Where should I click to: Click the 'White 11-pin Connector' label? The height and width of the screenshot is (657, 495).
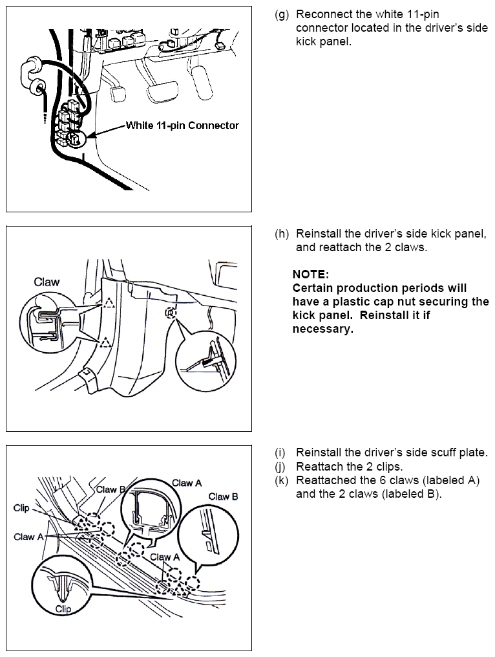[x=182, y=125]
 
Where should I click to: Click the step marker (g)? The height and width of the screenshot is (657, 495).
[x=282, y=14]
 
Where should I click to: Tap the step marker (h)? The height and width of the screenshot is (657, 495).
[x=282, y=234]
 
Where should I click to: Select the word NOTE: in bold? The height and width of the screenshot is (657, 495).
[x=311, y=274]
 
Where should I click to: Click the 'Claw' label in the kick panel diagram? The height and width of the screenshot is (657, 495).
[x=47, y=282]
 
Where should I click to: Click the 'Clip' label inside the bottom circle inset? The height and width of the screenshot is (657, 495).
[x=63, y=608]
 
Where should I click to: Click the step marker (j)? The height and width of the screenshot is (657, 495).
[x=282, y=466]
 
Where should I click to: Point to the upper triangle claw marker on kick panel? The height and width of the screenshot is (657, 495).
[x=109, y=302]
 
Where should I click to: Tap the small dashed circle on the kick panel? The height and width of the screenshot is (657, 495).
[x=169, y=313]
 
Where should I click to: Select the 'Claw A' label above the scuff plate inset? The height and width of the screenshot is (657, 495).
[x=187, y=483]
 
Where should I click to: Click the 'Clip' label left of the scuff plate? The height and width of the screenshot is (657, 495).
[x=22, y=508]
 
